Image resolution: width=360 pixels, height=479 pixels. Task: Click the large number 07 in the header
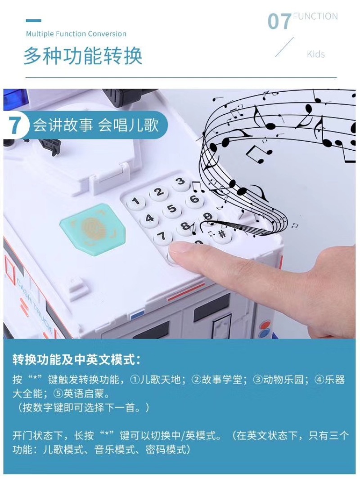click(279, 22)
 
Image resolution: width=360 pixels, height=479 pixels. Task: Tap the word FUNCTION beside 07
click(315, 16)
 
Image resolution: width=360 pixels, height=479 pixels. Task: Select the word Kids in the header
click(316, 54)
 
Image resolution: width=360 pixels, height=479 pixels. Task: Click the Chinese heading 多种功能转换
click(83, 56)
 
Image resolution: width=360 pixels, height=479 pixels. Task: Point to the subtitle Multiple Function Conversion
click(76, 34)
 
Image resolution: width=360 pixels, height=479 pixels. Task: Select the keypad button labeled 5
click(172, 209)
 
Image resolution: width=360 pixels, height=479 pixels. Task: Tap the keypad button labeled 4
click(149, 219)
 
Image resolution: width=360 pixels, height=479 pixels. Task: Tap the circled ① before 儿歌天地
click(135, 380)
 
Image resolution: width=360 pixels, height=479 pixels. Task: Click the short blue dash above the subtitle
click(34, 21)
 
